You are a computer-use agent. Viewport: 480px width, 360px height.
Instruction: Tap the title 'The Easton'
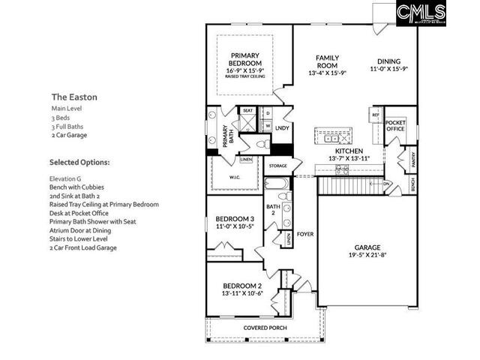pyautogui.click(x=74, y=97)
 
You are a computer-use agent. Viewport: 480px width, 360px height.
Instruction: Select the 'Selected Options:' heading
pyautogui.click(x=79, y=162)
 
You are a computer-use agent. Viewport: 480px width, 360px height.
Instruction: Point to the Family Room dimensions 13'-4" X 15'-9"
pyautogui.click(x=327, y=73)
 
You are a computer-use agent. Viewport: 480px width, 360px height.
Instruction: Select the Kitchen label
pyautogui.click(x=349, y=151)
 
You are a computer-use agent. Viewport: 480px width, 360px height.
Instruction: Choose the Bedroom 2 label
pyautogui.click(x=242, y=286)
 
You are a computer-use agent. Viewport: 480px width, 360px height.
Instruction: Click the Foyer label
pyautogui.click(x=304, y=234)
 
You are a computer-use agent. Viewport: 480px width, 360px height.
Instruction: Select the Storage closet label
pyautogui.click(x=277, y=166)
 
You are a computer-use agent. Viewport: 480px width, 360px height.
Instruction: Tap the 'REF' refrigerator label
pyautogui.click(x=375, y=115)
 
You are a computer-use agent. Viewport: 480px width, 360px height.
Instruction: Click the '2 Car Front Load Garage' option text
pyautogui.click(x=83, y=247)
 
